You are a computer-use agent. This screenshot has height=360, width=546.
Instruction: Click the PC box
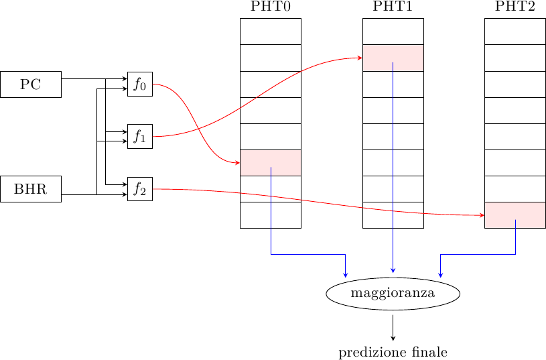click(x=31, y=84)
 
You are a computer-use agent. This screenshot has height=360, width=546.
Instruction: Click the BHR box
click(x=31, y=189)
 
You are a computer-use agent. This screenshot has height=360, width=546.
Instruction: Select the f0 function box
click(x=140, y=84)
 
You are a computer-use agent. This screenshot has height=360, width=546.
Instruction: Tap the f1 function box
click(x=140, y=136)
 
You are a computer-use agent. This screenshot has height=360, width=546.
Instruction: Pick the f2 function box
click(x=140, y=189)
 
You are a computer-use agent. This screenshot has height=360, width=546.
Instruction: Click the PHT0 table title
click(x=271, y=7)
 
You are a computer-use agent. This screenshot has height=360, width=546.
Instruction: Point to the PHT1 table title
click(x=393, y=7)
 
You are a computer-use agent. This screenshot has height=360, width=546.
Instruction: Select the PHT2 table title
click(x=515, y=7)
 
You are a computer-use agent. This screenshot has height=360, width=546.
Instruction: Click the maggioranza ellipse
click(x=393, y=294)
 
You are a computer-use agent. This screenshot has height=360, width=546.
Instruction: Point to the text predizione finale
click(x=393, y=352)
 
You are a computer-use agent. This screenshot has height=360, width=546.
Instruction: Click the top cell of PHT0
click(x=271, y=32)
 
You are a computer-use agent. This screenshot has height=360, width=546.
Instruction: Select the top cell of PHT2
click(x=515, y=32)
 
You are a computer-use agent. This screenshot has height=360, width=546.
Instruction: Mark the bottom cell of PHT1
click(x=393, y=215)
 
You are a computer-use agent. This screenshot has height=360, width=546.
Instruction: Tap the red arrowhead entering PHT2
click(x=482, y=215)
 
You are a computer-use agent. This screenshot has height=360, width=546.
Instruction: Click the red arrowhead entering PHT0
click(x=237, y=163)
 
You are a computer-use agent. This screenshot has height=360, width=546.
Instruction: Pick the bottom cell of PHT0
click(x=271, y=215)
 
